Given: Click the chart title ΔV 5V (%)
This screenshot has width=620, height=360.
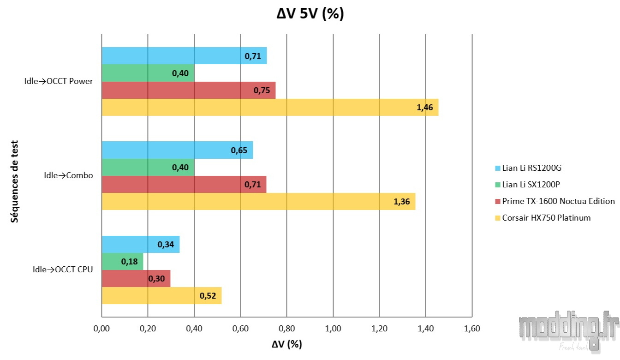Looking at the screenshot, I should (310, 14).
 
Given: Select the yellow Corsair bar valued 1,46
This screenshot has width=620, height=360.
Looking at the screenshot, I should (269, 107).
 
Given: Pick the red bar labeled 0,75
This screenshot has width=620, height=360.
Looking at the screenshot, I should (188, 90).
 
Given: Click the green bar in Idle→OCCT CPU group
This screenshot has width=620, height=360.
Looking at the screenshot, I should (122, 262).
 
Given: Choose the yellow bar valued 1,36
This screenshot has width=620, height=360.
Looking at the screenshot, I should (258, 202).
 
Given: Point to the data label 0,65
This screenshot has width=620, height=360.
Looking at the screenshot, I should (239, 150).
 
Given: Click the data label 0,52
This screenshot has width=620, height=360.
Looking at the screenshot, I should (208, 296).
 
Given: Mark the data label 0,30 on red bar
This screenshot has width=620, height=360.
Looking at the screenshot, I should (157, 279).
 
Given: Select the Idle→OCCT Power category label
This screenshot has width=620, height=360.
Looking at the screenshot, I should (59, 82).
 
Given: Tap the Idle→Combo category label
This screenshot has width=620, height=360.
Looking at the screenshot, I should (68, 175).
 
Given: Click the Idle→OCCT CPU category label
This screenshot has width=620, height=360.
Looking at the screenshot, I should (63, 270).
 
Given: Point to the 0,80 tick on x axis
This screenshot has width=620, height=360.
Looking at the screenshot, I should (286, 329).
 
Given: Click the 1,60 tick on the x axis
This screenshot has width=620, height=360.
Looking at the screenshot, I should (471, 329).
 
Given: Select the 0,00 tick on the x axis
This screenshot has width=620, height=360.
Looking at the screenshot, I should (101, 329).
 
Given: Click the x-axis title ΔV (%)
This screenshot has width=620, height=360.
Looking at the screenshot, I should (286, 344).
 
